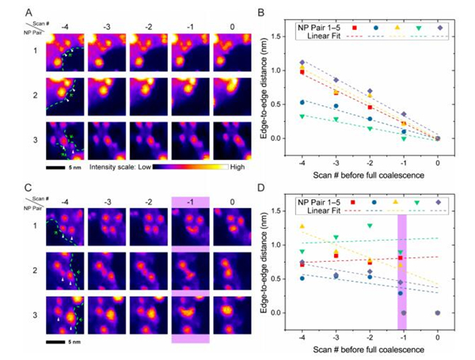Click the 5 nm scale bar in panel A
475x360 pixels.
60,166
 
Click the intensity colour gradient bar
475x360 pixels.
188,167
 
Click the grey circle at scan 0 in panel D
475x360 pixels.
438,313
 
